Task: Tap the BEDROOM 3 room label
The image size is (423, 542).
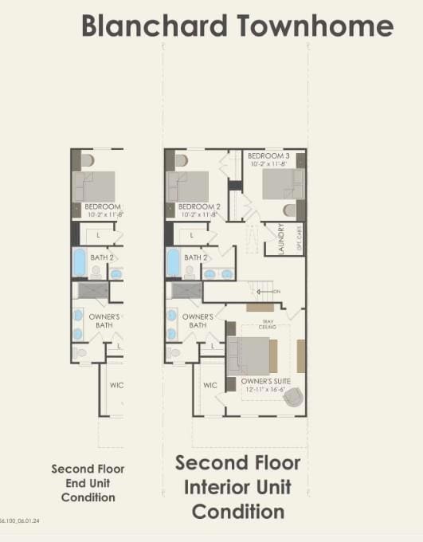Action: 268,155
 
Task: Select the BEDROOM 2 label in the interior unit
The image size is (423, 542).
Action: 199,206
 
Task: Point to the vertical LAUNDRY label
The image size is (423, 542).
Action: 281,238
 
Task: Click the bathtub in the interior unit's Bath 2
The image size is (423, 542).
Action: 173,261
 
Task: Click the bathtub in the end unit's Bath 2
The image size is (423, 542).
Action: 79,261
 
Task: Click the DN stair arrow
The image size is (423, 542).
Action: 273,292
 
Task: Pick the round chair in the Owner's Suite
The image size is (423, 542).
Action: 294,396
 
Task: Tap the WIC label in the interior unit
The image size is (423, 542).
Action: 210,385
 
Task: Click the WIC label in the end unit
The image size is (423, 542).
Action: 116,385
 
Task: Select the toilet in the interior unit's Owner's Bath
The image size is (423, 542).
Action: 174,352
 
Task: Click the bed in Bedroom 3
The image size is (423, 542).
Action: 282,184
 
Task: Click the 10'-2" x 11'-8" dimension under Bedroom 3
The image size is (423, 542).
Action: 268,164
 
